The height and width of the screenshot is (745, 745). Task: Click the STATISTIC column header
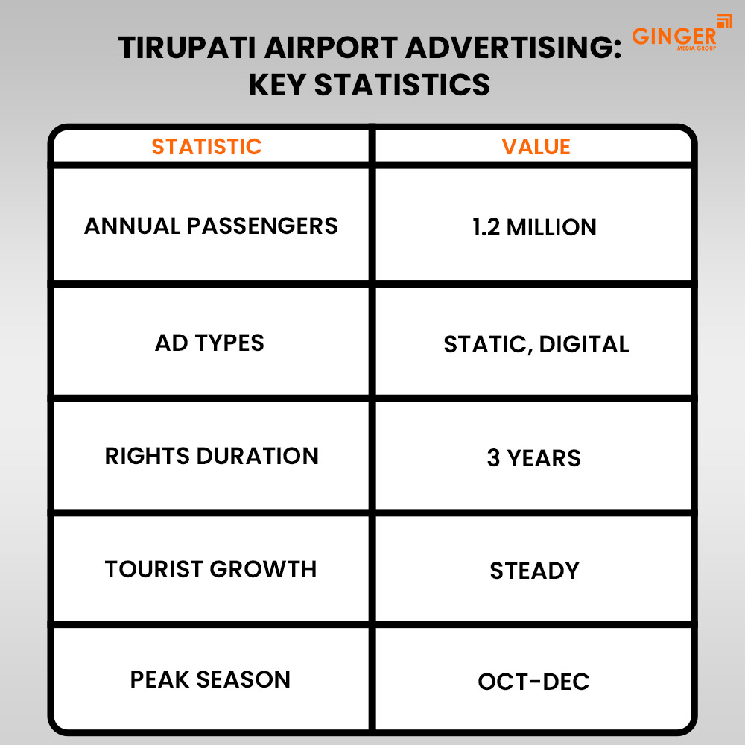(x=206, y=146)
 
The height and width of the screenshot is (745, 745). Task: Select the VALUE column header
(x=536, y=146)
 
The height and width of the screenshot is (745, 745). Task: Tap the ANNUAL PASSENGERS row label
(x=211, y=226)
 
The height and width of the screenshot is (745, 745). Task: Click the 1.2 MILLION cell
(x=534, y=227)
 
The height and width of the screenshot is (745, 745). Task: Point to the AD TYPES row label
(x=209, y=343)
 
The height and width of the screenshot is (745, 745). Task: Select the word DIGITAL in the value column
(x=583, y=344)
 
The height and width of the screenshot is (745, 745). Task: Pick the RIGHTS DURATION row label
(x=212, y=456)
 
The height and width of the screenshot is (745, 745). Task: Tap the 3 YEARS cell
(x=533, y=457)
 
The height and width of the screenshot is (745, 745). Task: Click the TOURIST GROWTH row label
(x=211, y=569)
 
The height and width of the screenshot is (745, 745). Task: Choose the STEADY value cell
(x=534, y=571)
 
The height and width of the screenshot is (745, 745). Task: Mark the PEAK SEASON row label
(x=210, y=679)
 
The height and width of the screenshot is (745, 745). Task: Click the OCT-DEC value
(x=533, y=681)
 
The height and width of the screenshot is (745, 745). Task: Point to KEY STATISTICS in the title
(x=369, y=85)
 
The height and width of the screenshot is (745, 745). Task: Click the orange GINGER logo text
(x=673, y=37)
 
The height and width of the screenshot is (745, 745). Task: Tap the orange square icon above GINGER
(x=724, y=21)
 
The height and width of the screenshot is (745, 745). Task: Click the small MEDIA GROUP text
(x=695, y=48)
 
